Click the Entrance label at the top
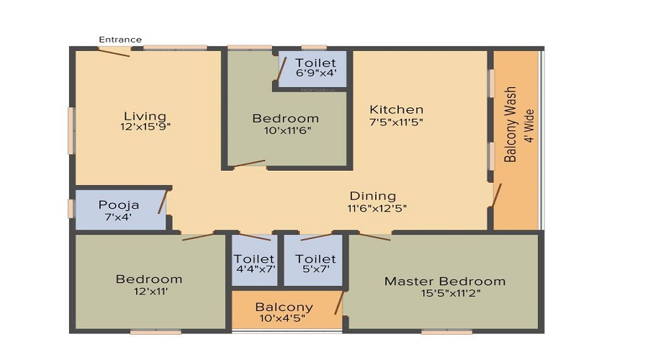(x=120, y=40)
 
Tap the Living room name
(x=145, y=116)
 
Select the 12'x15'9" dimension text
(x=145, y=127)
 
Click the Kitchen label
(x=396, y=109)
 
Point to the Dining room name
(x=373, y=196)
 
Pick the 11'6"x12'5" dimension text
(x=373, y=208)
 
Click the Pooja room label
(x=119, y=205)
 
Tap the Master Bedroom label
(x=444, y=281)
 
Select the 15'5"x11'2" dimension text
(x=444, y=292)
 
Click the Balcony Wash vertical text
(x=510, y=124)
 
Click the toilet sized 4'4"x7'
(x=254, y=264)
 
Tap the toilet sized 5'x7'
(x=315, y=264)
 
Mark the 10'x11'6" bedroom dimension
(x=285, y=131)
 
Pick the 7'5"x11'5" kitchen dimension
(x=396, y=122)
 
